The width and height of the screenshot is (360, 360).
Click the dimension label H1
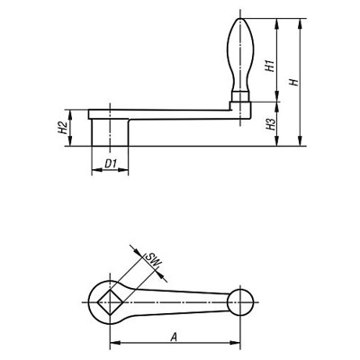click(x=269, y=65)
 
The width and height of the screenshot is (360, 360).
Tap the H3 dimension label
click(x=269, y=126)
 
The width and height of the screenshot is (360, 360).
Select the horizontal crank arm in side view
click(x=171, y=113)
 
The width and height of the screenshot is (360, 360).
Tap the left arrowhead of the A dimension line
click(x=113, y=344)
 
